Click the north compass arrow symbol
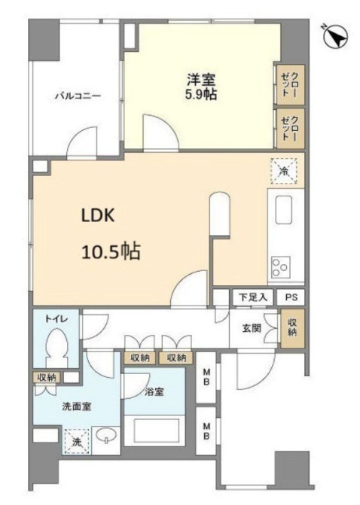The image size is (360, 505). coord(337,37)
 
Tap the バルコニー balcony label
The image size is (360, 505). coord(78,96)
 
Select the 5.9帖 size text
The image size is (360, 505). coord(200,94)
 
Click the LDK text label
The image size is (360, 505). coord(98,215)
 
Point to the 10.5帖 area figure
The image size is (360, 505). coord(111,252)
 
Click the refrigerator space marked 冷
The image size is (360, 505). coord(284,172)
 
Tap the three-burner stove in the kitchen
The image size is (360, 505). coord(281,266)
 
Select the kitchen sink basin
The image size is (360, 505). coord(284,210)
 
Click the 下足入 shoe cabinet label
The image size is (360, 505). coord(253,297)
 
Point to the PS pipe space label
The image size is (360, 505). coord(291,297)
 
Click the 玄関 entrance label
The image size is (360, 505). coord(252,329)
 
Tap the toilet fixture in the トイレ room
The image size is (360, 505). coord(56,348)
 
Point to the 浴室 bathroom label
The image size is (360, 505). coord(154,392)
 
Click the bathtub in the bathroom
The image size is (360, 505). coord(154,431)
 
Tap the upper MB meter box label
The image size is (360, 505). coord(206,377)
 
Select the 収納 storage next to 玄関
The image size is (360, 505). coord(292,328)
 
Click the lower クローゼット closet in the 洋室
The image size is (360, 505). coord(291,128)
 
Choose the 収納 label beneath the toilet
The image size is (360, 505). coord(47,377)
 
